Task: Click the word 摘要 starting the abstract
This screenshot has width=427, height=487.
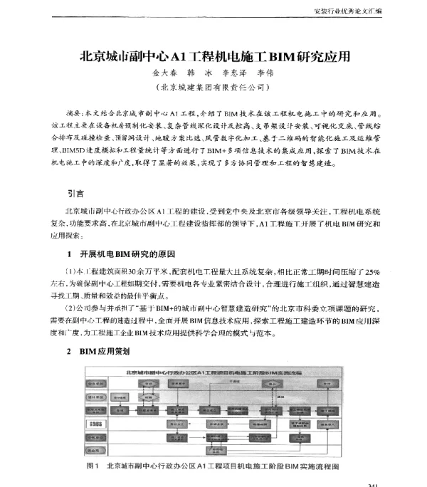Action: [x=73, y=112]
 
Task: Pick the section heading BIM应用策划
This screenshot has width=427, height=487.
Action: [x=105, y=351]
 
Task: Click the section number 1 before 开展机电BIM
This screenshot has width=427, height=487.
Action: [x=68, y=253]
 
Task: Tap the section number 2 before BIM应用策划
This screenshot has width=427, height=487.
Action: [x=68, y=351]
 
